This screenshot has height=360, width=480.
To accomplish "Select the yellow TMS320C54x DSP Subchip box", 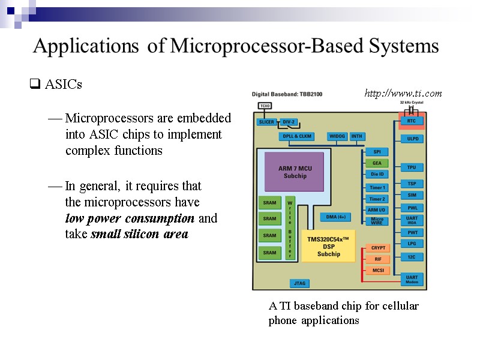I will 328,246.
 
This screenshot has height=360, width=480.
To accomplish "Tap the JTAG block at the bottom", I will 299,283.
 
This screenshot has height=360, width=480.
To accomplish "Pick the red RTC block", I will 412,121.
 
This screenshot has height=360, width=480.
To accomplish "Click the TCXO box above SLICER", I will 265,106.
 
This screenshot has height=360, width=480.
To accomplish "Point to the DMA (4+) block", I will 335,217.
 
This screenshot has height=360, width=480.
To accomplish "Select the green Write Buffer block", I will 290,227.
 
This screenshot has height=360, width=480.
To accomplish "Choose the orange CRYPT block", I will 377,248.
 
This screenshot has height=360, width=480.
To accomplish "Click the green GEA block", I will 376,163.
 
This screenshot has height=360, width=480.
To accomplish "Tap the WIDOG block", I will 337,136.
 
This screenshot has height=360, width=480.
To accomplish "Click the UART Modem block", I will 412,279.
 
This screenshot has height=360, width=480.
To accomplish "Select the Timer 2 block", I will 377,199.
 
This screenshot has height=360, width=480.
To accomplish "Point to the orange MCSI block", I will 377,270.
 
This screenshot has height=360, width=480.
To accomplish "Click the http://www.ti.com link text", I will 403,93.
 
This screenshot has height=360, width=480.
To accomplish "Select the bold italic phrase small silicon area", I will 139,234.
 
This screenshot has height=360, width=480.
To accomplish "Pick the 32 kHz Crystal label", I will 412,103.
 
